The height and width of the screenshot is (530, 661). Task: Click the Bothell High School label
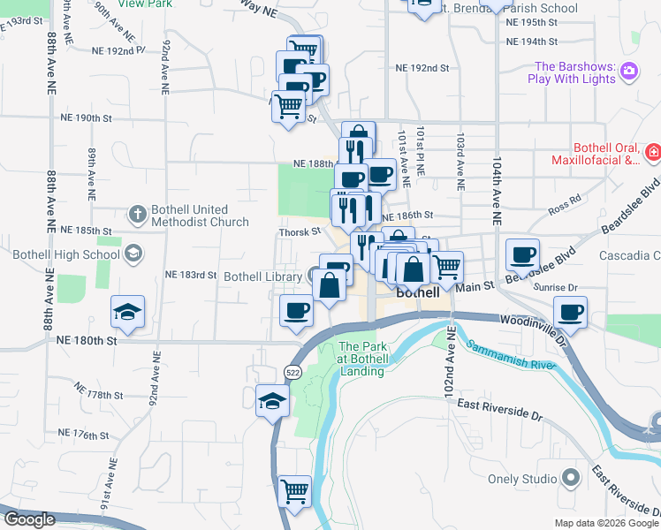tap(66, 255)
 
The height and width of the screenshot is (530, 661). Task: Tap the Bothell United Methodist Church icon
tap(137, 214)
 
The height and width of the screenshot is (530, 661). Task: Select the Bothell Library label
tap(262, 276)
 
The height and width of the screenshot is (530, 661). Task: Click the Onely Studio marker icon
tap(571, 479)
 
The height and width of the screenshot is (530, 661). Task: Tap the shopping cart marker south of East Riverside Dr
tap(294, 490)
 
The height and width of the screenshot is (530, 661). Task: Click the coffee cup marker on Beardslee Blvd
tap(522, 255)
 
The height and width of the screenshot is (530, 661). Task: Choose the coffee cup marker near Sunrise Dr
tap(571, 313)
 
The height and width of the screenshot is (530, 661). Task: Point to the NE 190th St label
tap(87, 117)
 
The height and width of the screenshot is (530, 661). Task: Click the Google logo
tap(29, 520)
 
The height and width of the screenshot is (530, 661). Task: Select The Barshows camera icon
tap(629, 72)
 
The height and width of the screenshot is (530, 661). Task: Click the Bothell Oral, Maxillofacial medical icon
tap(652, 153)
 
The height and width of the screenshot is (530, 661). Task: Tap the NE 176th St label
tap(84, 435)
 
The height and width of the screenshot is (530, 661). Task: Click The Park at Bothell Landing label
tap(361, 360)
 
